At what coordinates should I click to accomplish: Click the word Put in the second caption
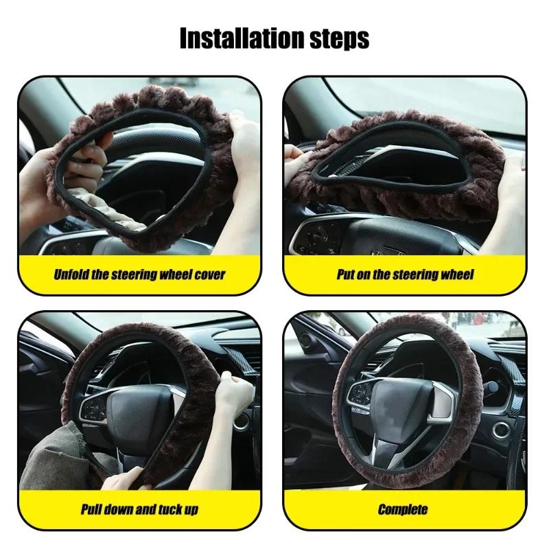point(346,275)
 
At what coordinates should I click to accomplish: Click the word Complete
point(403,509)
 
